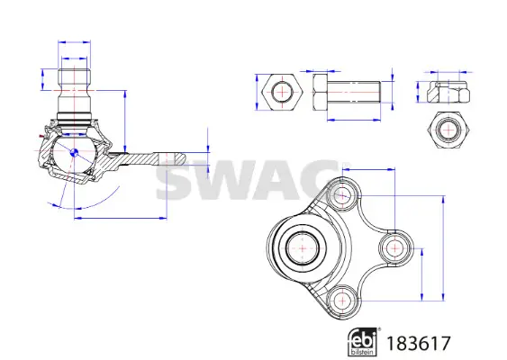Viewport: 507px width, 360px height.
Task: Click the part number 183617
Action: [x=418, y=344]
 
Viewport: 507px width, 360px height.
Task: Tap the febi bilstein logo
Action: [x=363, y=342]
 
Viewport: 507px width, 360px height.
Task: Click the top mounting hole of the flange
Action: [x=342, y=195]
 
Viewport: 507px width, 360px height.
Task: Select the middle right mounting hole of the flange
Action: [x=395, y=247]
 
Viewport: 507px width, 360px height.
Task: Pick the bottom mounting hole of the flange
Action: [x=342, y=301]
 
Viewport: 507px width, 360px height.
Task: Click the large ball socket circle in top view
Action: [x=303, y=248]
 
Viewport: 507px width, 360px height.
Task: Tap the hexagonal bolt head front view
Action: [x=282, y=92]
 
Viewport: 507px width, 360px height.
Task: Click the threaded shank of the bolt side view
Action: [x=354, y=92]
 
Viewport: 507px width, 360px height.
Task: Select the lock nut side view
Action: [x=448, y=92]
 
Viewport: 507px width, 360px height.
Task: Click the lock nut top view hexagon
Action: [x=448, y=130]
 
